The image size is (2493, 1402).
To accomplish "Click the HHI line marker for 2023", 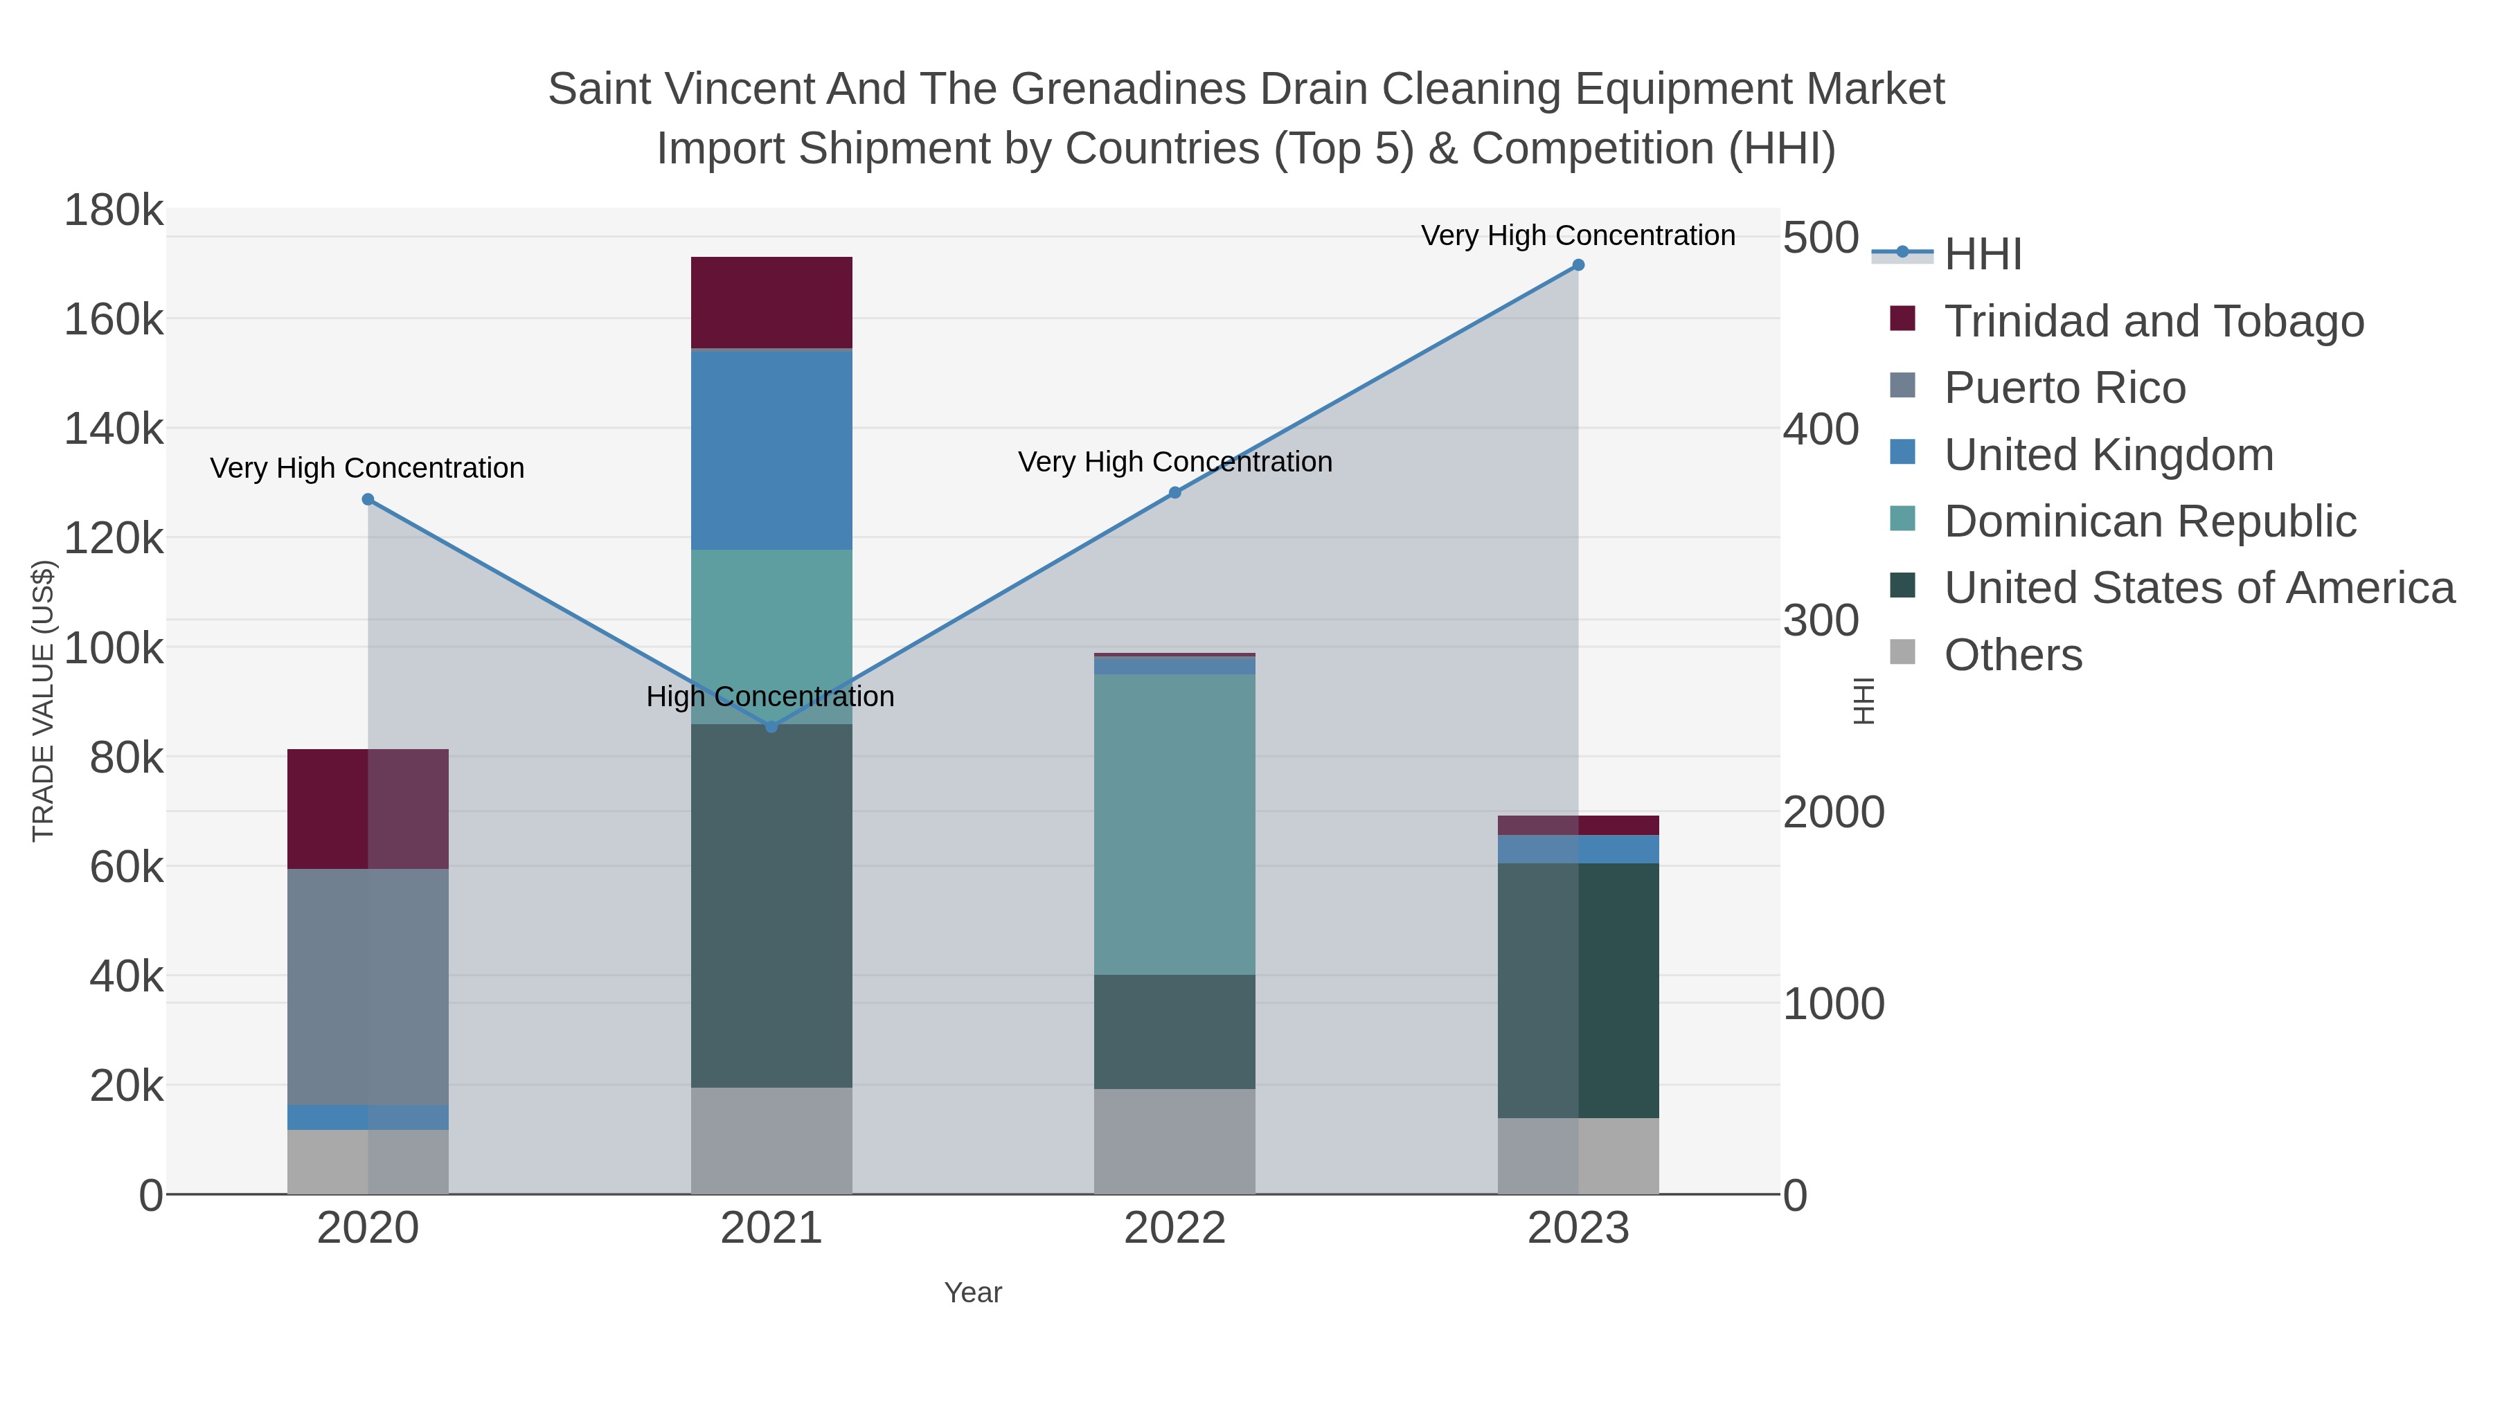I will point(1578,265).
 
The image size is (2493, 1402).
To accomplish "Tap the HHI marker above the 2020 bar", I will point(368,499).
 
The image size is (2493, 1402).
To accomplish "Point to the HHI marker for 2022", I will point(1175,492).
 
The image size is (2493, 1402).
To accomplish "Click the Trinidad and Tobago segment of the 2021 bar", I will point(771,302).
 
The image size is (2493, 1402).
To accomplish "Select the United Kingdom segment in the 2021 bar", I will point(771,450).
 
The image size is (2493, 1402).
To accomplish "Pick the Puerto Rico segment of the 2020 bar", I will point(368,987).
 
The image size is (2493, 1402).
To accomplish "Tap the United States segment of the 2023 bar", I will point(1578,990).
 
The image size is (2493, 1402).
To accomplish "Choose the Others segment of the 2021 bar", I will point(771,1141).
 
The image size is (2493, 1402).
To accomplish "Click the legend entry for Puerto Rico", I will point(2064,388).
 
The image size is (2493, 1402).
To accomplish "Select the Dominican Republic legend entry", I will point(2150,521).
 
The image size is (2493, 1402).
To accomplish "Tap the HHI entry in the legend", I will point(1982,255).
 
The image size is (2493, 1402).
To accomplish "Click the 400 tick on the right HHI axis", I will point(1821,429).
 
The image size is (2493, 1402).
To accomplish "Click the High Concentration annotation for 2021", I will point(770,696).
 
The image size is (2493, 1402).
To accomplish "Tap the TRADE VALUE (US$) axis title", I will point(44,701).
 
